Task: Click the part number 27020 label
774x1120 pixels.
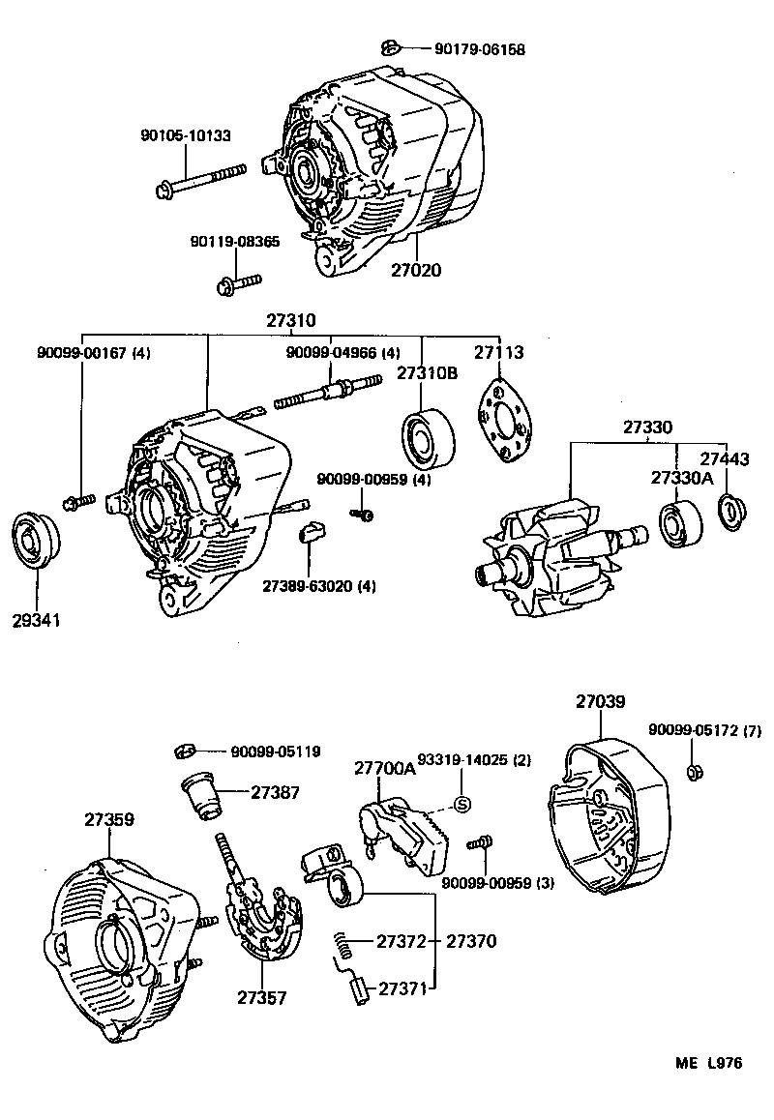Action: point(416,270)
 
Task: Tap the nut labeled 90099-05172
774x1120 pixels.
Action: point(694,771)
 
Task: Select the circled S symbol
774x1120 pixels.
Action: point(461,804)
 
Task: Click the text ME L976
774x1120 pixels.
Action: point(708,1063)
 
